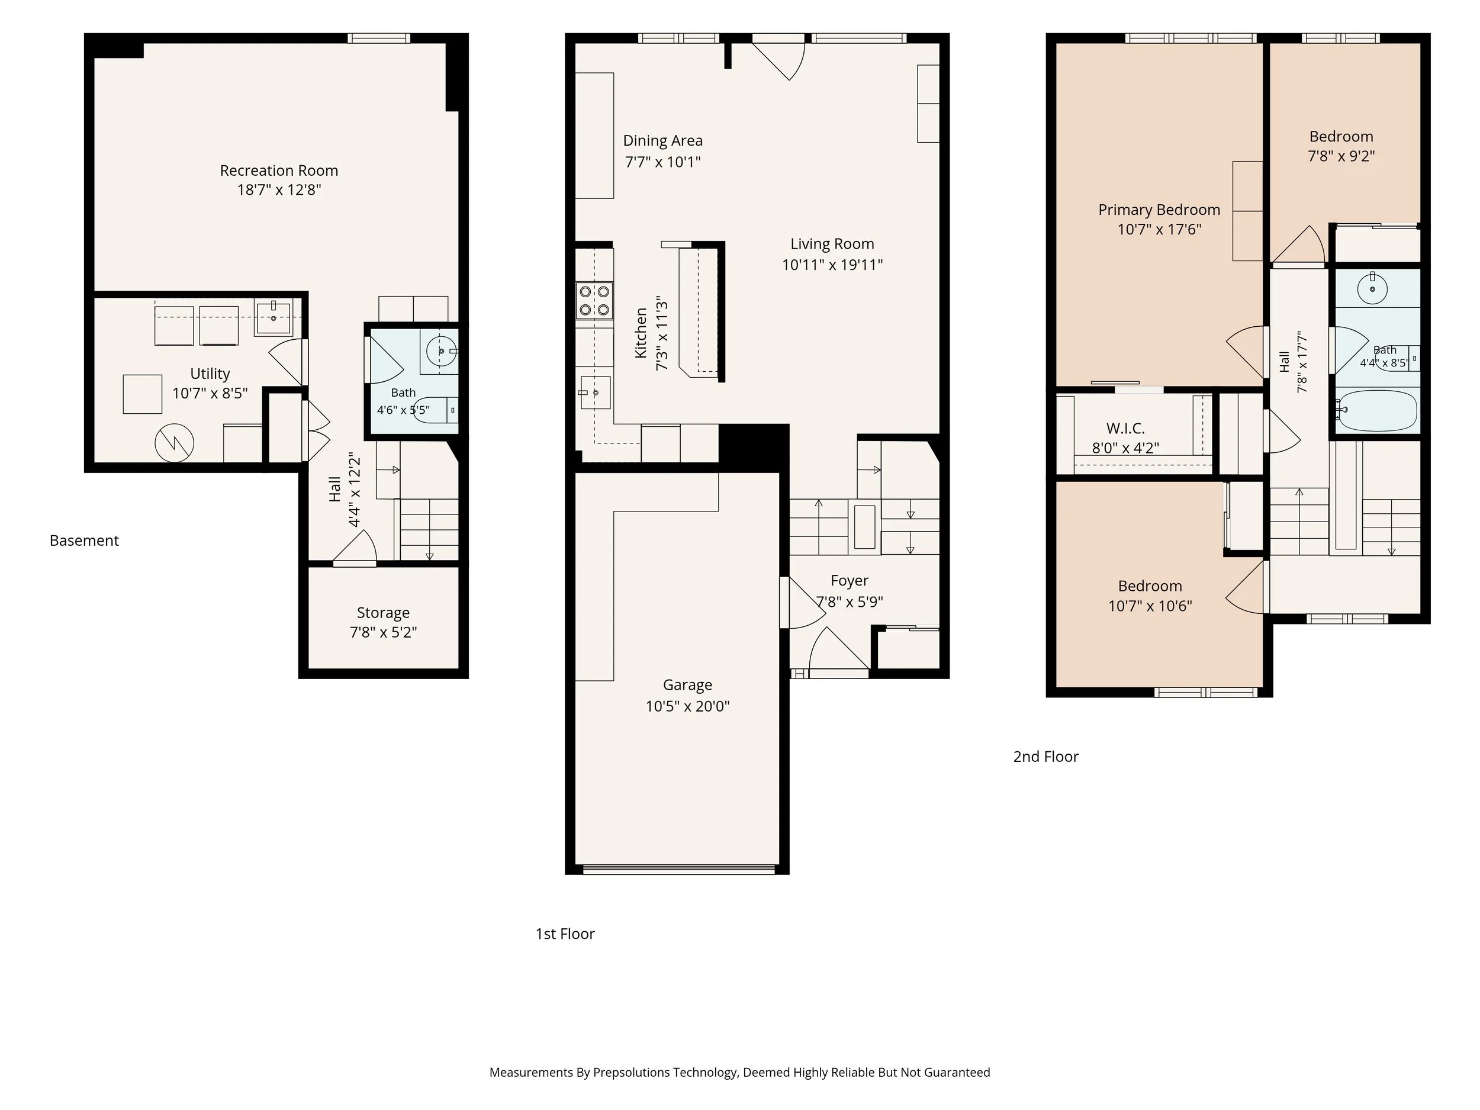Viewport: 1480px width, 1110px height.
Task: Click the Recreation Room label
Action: click(x=279, y=170)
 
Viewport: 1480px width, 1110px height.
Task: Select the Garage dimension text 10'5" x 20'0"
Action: click(x=687, y=706)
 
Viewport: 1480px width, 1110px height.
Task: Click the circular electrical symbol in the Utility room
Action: click(x=175, y=442)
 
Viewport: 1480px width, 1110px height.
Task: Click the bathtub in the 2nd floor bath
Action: click(x=1378, y=410)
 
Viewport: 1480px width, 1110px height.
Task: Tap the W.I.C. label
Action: click(x=1125, y=428)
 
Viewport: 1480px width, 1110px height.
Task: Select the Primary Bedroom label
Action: click(x=1159, y=210)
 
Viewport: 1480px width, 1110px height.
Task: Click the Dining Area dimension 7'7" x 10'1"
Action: click(x=662, y=162)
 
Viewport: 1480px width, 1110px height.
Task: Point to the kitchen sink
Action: click(x=594, y=392)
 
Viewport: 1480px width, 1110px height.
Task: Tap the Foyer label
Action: click(x=849, y=581)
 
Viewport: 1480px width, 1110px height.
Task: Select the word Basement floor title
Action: click(x=84, y=540)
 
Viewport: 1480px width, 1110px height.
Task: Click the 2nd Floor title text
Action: click(x=1046, y=757)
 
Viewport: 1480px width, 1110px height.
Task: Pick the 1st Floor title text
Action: click(x=565, y=934)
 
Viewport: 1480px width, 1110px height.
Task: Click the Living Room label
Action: click(x=832, y=244)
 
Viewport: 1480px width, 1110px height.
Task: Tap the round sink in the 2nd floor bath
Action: click(x=1372, y=289)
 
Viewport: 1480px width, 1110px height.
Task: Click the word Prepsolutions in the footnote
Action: click(x=632, y=1073)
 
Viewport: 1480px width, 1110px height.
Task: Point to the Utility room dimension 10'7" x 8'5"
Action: click(x=210, y=394)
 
